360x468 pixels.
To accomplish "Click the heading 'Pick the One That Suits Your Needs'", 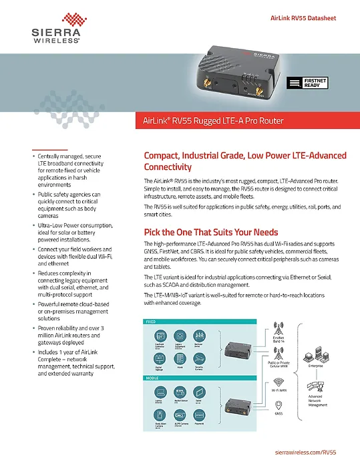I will tap(211, 232).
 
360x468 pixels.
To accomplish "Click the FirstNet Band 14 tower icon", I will tap(279, 332).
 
